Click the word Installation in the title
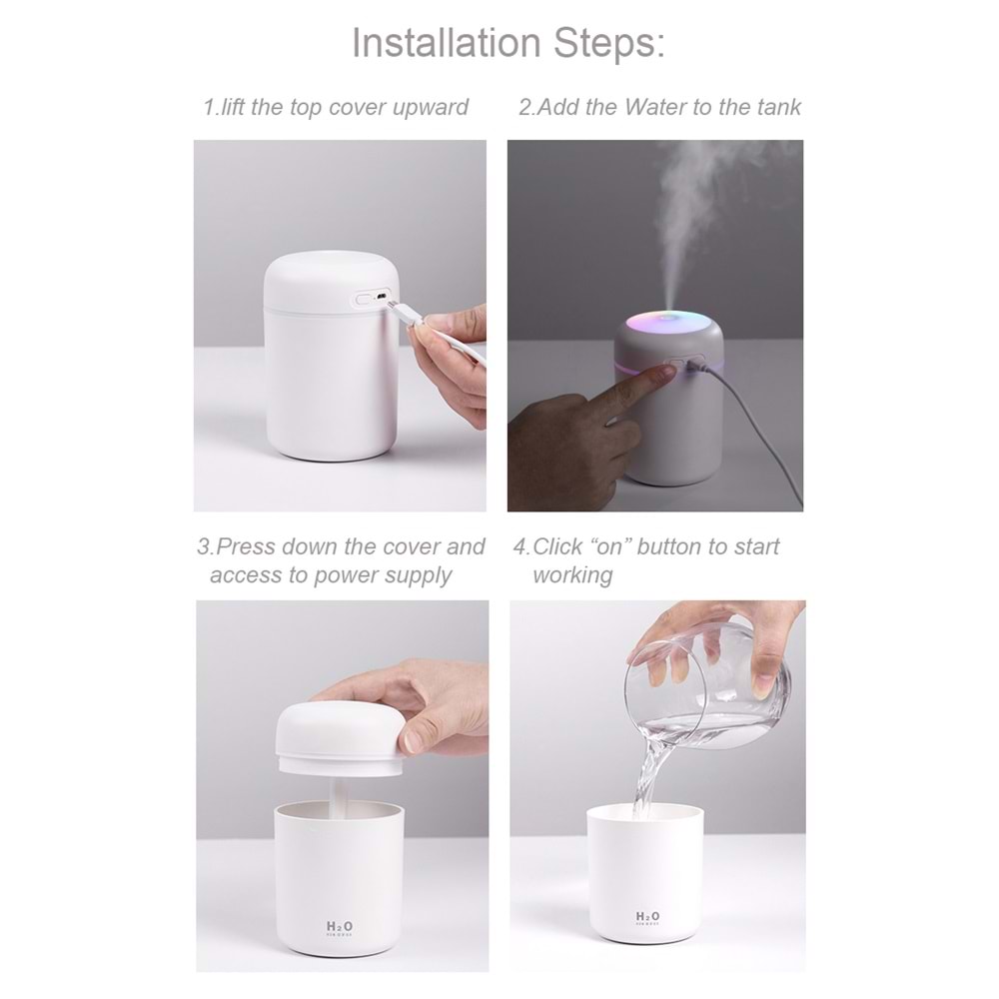(x=446, y=43)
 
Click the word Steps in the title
(x=608, y=43)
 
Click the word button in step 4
(x=669, y=546)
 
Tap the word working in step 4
(x=572, y=575)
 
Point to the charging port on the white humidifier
(x=382, y=297)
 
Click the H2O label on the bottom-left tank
(x=339, y=927)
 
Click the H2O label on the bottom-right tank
(x=647, y=917)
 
